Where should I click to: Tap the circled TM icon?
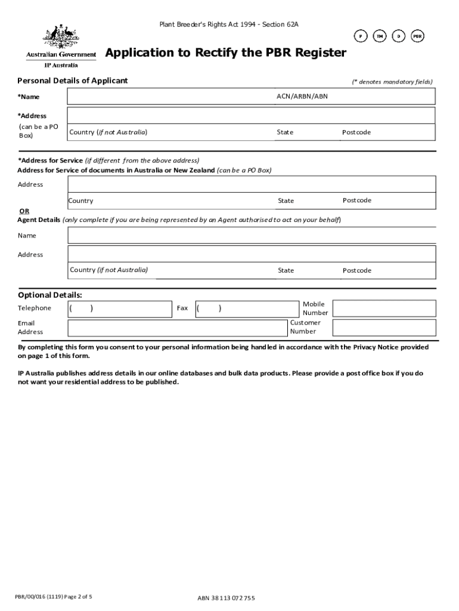pyautogui.click(x=380, y=36)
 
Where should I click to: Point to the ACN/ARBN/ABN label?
pyautogui.click(x=302, y=96)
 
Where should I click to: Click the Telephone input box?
pyautogui.click(x=120, y=308)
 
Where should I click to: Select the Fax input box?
pyautogui.click(x=246, y=308)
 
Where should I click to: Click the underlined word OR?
pyautogui.click(x=24, y=211)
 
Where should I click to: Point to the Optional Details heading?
pyautogui.click(x=50, y=295)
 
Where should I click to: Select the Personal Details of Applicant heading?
pyautogui.click(x=72, y=81)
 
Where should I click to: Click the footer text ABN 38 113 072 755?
pyautogui.click(x=226, y=598)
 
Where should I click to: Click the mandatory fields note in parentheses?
pyautogui.click(x=392, y=82)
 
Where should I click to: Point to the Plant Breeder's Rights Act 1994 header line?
pyautogui.click(x=228, y=24)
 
